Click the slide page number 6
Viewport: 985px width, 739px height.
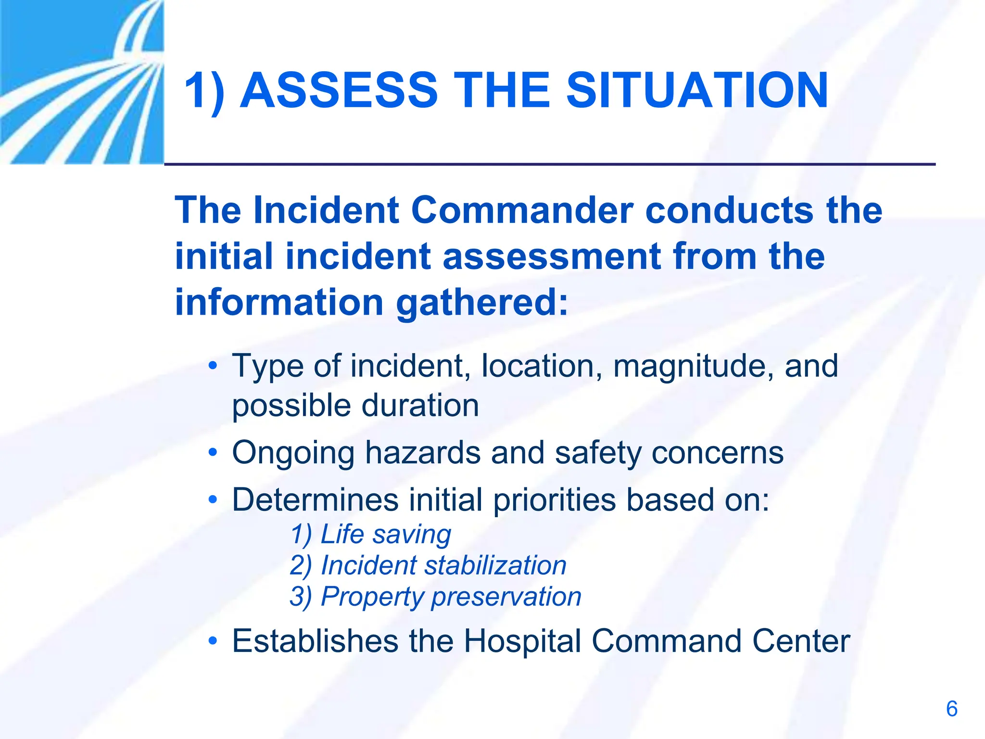(951, 709)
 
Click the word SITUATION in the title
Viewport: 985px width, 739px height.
(697, 90)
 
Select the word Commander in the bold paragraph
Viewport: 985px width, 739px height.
(522, 210)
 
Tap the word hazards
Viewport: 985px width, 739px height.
(422, 453)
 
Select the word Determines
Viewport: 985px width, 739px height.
(315, 500)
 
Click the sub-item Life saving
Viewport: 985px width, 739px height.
(371, 535)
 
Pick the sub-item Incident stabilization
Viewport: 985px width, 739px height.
(428, 565)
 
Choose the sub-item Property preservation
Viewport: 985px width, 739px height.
(435, 597)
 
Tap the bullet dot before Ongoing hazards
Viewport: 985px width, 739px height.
(213, 453)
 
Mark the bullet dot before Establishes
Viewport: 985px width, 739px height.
(213, 641)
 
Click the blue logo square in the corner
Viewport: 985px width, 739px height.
(82, 82)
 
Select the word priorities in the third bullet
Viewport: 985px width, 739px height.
(554, 500)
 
